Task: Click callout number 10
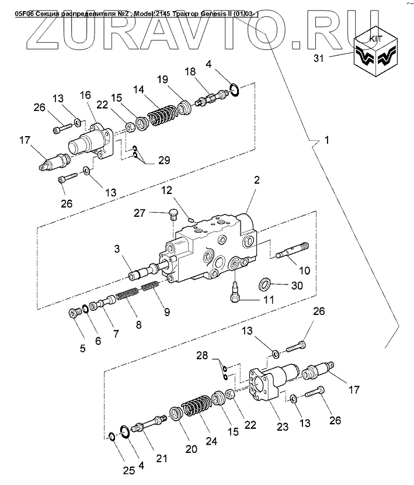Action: coord(305,271)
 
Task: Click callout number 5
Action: coord(82,348)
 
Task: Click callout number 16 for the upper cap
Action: coord(86,95)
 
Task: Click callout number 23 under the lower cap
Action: coord(282,427)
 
